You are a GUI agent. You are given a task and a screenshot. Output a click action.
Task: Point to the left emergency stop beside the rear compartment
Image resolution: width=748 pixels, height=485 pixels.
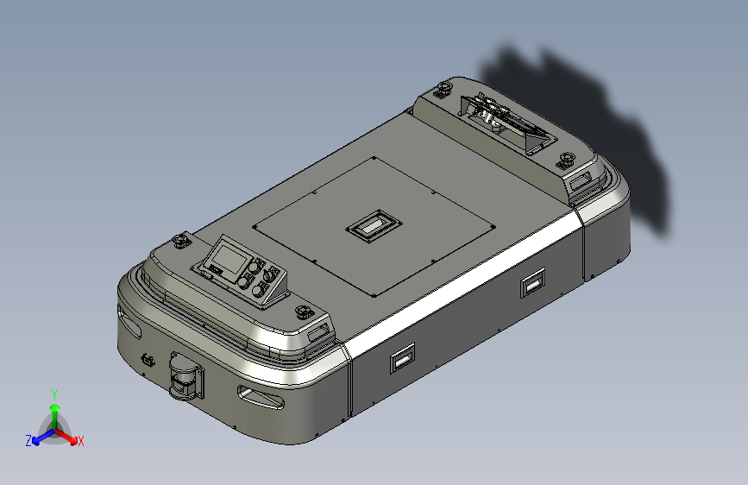(445, 88)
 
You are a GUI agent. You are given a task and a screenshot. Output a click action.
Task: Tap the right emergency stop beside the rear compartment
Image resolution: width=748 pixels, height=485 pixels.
(566, 160)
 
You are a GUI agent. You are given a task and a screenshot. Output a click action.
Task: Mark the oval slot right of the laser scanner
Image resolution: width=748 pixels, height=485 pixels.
(260, 397)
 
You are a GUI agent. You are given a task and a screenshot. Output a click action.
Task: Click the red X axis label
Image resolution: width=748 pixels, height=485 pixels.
(81, 442)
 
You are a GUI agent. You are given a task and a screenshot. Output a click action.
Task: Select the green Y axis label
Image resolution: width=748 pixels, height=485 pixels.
(54, 393)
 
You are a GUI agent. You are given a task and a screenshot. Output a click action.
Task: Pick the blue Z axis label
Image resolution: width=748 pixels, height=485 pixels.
(28, 441)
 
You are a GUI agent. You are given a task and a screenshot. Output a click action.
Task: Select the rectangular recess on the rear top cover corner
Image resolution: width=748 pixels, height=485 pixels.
(583, 180)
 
